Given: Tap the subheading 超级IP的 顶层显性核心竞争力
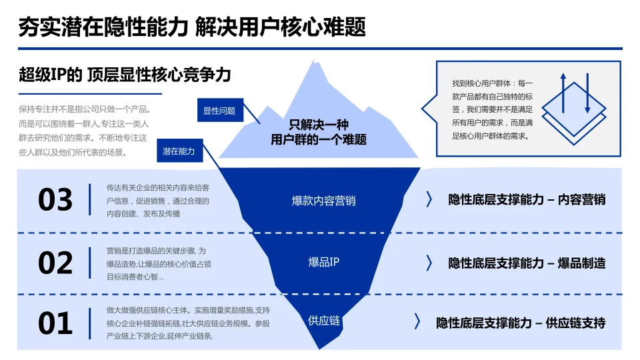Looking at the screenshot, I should coord(125,75).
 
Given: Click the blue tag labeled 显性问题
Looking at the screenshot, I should coord(219,111).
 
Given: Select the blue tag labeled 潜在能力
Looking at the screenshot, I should coord(179,151).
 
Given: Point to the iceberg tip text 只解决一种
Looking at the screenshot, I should coord(318,125).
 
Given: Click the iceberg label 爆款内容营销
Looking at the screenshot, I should coord(323,201).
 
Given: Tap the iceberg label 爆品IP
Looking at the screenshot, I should coord(323,262).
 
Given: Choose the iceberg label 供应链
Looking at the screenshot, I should coord(323,321).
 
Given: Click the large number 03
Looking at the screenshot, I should coord(55,200).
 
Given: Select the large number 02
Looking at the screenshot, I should coord(55,263).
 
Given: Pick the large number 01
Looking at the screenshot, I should coord(55,323).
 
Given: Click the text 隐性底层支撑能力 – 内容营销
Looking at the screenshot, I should coord(527,199).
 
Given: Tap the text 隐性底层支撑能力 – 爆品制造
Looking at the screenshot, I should coord(527,263).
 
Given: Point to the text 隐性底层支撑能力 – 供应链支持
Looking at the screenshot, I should coord(521,323).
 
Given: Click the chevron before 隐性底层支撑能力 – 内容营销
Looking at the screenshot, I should coord(429,199).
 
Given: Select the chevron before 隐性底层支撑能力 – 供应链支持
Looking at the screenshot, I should coord(417,322).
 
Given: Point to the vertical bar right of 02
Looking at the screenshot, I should coord(90,262).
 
